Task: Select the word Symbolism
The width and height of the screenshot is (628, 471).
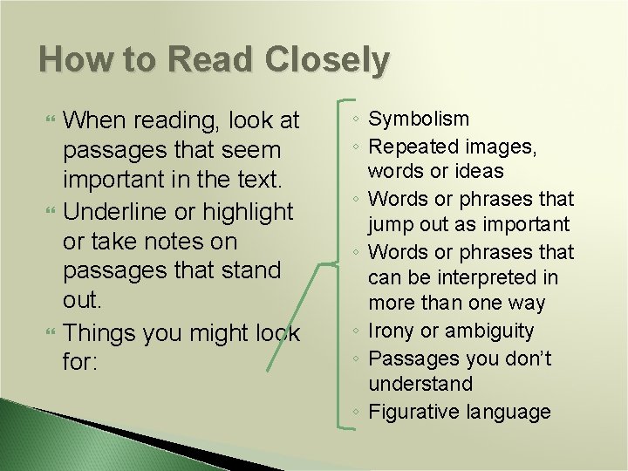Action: [x=419, y=119]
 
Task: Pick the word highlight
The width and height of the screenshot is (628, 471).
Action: [x=248, y=211]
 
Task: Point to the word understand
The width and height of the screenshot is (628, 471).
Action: [x=420, y=385]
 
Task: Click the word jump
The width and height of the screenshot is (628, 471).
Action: [x=390, y=225]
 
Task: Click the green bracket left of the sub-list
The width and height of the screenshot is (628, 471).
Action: [x=338, y=262]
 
